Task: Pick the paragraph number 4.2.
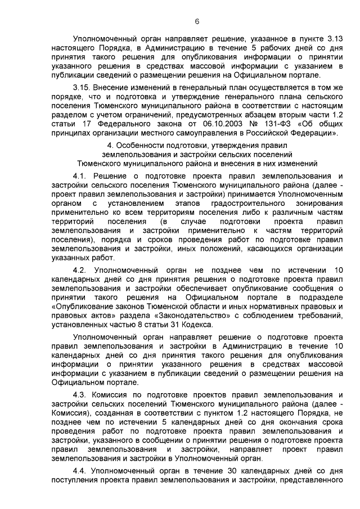(82, 270)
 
